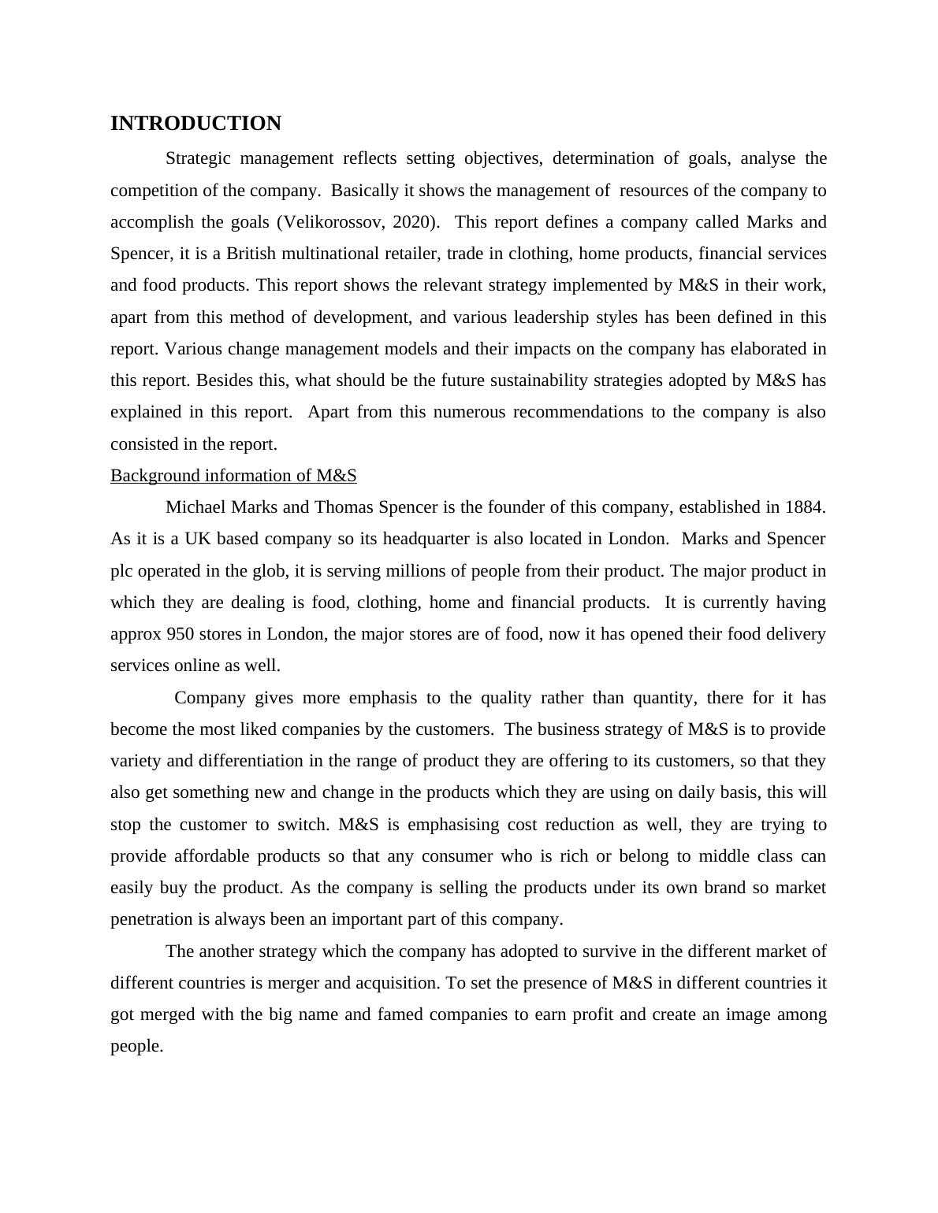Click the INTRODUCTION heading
pos(195,124)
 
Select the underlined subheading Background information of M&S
pos(233,476)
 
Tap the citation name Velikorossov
pos(331,222)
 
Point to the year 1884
pos(804,507)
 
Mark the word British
pos(255,254)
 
